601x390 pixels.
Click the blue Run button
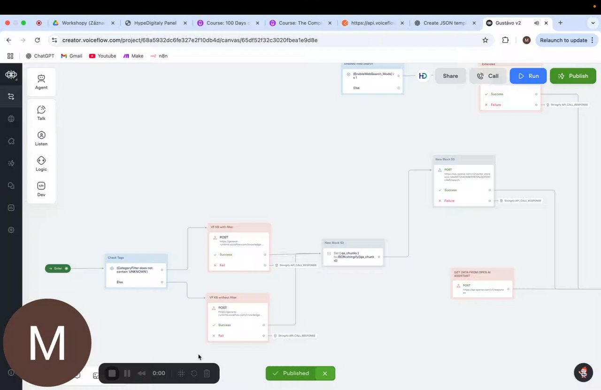(528, 76)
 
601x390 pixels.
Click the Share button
(450, 76)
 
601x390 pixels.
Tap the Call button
(487, 76)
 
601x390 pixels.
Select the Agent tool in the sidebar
(41, 82)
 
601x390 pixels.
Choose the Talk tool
(41, 113)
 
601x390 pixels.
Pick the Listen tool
(41, 138)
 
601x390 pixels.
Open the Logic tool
(41, 164)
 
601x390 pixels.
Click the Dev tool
(41, 189)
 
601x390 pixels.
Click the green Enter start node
(58, 268)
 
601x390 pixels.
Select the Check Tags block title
(116, 258)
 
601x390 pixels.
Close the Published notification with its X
(324, 374)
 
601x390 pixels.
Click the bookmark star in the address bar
(485, 40)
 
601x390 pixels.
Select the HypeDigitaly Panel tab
(155, 23)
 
